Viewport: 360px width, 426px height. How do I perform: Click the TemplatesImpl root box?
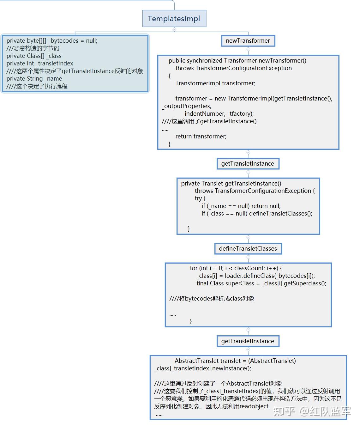[x=174, y=18]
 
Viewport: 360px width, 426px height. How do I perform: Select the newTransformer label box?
[x=248, y=41]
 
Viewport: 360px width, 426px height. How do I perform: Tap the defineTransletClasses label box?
[x=248, y=248]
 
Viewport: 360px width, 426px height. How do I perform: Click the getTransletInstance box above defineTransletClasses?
[x=248, y=164]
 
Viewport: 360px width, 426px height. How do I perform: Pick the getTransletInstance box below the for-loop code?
[x=248, y=341]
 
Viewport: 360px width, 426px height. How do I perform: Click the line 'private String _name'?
[x=34, y=78]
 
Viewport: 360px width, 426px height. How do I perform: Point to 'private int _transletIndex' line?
[x=40, y=64]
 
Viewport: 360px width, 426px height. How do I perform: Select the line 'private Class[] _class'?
[x=34, y=56]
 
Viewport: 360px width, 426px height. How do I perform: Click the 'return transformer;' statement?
[x=201, y=137]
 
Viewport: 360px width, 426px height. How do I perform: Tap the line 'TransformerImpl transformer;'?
[x=215, y=83]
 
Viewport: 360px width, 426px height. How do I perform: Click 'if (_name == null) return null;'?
[x=241, y=206]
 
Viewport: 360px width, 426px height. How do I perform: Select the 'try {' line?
[x=200, y=198]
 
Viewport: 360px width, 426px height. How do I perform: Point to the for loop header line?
[x=236, y=268]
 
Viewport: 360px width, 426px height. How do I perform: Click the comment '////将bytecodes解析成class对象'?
[x=212, y=299]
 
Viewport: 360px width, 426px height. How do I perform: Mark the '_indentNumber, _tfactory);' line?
[x=218, y=114]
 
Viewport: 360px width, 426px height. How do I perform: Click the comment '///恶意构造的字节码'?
[x=33, y=48]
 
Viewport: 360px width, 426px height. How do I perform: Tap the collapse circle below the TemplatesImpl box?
[x=174, y=29]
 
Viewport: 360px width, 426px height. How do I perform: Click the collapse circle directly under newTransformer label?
[x=248, y=49]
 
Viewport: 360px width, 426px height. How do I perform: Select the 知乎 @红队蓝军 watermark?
[x=312, y=411]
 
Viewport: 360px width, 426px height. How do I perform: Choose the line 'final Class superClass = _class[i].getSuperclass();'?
[x=261, y=283]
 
